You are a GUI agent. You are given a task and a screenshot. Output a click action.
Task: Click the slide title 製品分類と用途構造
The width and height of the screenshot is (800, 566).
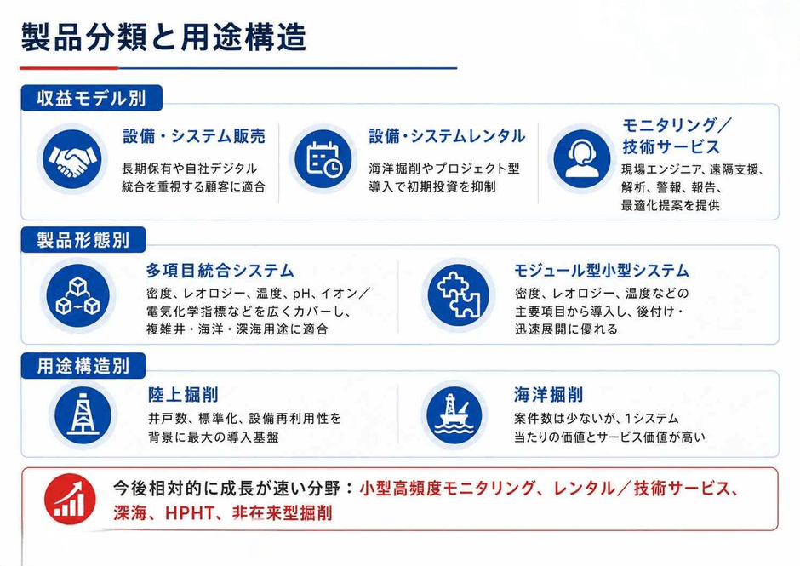(x=163, y=37)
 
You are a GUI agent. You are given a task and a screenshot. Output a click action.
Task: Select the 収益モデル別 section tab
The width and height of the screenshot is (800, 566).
(x=91, y=98)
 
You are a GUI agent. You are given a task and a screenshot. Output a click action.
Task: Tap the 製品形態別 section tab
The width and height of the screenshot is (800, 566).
(x=83, y=240)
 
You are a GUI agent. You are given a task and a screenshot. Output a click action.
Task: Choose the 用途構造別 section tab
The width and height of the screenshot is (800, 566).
(x=83, y=366)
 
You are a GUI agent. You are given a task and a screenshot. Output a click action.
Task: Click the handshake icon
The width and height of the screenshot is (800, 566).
(x=72, y=158)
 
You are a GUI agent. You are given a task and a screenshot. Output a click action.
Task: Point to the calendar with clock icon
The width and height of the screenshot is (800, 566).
(x=323, y=158)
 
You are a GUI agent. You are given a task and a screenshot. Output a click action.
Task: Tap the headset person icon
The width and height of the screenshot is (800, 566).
(x=581, y=158)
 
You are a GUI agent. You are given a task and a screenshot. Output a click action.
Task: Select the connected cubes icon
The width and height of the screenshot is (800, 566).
(x=77, y=295)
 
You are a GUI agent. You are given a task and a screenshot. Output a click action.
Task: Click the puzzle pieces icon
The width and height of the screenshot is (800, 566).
(x=458, y=295)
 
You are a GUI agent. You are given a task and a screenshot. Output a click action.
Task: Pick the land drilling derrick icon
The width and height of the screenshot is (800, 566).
(x=83, y=415)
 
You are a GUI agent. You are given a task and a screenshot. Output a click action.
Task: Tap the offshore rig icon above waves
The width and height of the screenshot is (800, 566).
(x=455, y=415)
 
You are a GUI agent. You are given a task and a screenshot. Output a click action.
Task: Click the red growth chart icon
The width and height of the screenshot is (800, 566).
(x=70, y=499)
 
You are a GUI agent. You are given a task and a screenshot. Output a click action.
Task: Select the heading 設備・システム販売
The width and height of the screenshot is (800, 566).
(x=194, y=136)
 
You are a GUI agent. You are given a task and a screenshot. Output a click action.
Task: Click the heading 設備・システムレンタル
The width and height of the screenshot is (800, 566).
(x=447, y=136)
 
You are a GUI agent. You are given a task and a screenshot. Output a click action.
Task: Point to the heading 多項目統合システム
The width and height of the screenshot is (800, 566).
(x=220, y=270)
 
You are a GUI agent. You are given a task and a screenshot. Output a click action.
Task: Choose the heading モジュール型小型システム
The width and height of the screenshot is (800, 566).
(x=602, y=270)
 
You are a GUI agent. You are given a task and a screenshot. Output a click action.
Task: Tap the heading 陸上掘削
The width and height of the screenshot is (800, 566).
(x=183, y=395)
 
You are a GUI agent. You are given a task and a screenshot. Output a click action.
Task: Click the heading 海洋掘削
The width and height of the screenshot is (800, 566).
(x=548, y=395)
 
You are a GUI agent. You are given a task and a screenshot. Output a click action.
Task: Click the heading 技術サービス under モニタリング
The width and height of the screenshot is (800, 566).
(x=671, y=146)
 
